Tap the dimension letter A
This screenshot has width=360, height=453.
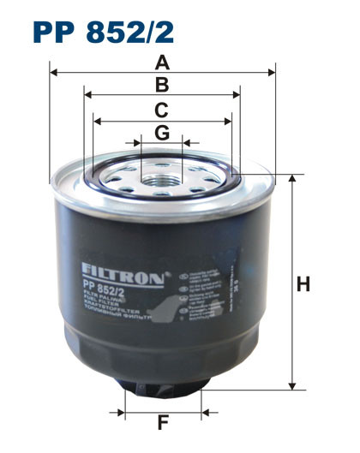click(x=161, y=62)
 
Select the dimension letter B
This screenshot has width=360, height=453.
click(x=161, y=85)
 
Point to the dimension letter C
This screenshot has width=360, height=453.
click(x=161, y=110)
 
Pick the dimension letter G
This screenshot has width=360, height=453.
click(x=161, y=132)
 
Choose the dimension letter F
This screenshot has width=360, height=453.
click(x=162, y=423)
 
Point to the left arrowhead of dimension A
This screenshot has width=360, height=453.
click(x=53, y=73)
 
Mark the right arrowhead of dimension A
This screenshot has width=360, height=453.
click(x=272, y=73)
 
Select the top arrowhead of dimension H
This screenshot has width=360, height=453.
click(x=293, y=177)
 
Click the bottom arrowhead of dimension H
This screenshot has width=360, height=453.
click(x=293, y=388)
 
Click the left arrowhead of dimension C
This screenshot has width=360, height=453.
click(x=95, y=121)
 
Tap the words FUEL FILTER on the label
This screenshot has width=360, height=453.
click(x=102, y=315)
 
